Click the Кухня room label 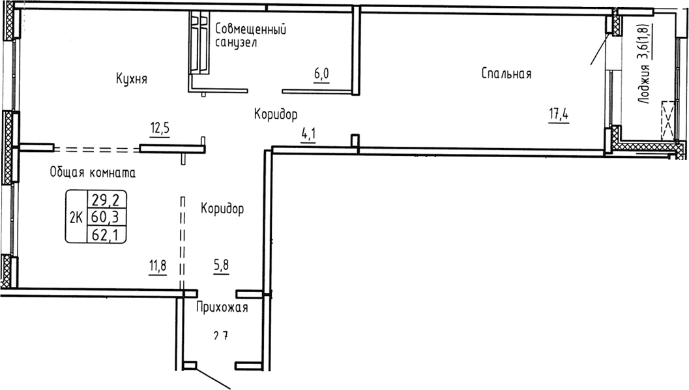[x=131, y=79]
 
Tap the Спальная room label [x=506, y=74]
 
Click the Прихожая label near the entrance [x=222, y=308]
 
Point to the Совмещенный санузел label [x=251, y=35]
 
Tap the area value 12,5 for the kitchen [x=160, y=128]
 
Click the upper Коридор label [x=276, y=115]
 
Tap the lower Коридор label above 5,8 [x=222, y=209]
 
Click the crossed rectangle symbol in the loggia [x=668, y=119]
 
